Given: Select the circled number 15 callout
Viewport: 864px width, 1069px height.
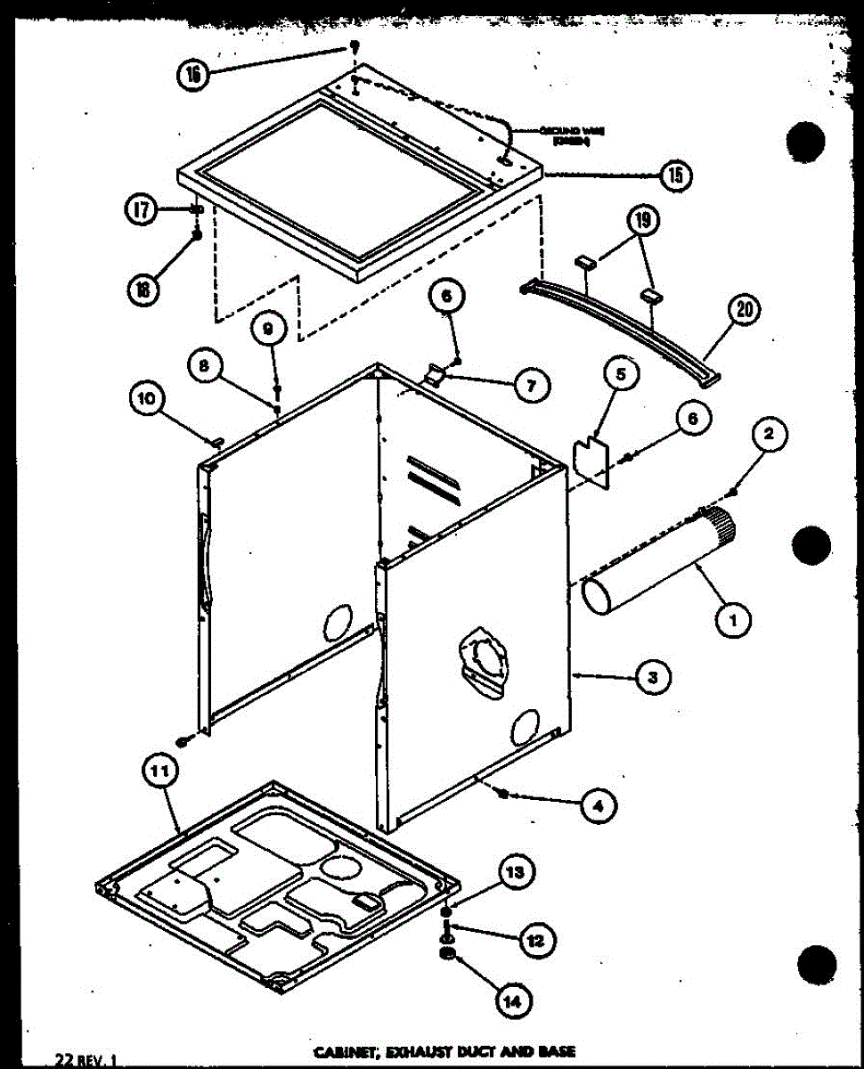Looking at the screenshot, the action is pyautogui.click(x=676, y=175).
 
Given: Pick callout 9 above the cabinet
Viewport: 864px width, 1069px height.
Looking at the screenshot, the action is pyautogui.click(x=269, y=329).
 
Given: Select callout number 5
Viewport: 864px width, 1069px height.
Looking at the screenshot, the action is pyautogui.click(x=622, y=375).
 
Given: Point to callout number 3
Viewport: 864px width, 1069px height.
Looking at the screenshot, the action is pyautogui.click(x=653, y=679).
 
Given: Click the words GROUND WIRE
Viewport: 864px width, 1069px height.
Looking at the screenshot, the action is pyautogui.click(x=560, y=131).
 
